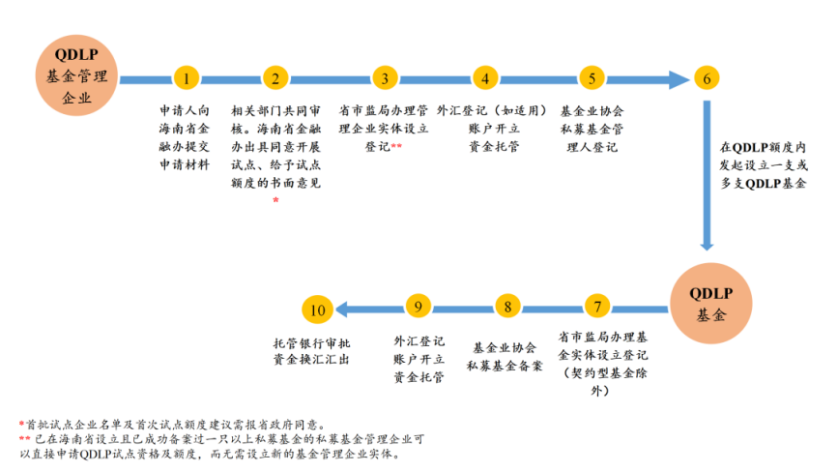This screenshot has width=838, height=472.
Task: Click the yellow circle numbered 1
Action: click(188, 79)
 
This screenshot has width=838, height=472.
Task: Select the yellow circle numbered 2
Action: click(276, 79)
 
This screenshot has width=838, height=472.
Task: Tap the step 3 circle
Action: click(385, 79)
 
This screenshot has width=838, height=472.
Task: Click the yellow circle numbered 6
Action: click(707, 79)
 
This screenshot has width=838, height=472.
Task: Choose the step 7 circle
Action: click(598, 308)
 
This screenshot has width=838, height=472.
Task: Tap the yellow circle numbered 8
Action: click(506, 308)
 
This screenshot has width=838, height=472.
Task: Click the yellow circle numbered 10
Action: click(318, 310)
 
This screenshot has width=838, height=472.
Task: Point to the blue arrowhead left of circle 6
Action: click(679, 79)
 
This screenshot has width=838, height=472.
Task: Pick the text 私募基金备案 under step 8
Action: click(505, 366)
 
